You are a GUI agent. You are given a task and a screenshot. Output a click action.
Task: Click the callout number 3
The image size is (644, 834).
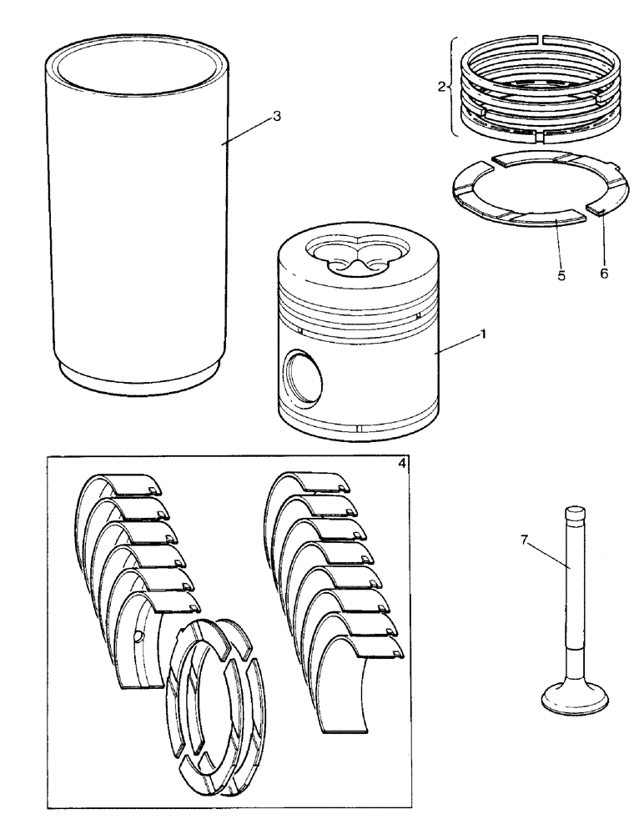coord(277,116)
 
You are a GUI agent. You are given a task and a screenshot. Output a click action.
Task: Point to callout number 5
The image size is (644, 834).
coord(561,275)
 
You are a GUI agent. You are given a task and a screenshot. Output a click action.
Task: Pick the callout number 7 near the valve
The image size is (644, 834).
coord(524,540)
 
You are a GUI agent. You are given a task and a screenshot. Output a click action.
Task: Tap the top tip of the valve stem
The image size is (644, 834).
coord(572,510)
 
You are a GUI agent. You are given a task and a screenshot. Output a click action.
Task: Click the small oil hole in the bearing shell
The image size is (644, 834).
coord(136,639)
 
